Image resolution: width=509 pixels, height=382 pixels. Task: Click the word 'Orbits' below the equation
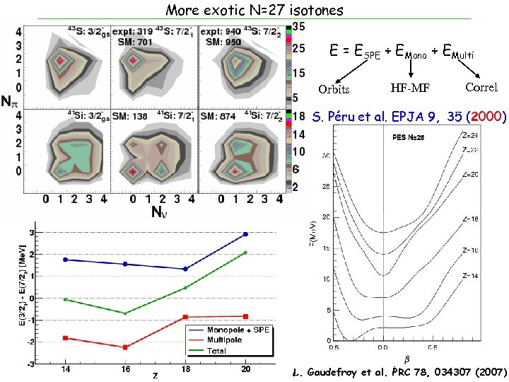[334, 89]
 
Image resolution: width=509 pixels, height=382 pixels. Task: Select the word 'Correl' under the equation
[481, 88]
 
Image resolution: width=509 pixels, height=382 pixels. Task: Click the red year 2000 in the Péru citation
[487, 116]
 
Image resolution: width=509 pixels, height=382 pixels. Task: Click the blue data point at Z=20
[245, 234]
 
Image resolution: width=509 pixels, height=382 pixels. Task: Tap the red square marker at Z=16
[125, 347]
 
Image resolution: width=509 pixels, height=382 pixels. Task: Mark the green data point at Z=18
[185, 287]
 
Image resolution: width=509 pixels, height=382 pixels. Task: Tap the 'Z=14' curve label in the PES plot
[470, 274]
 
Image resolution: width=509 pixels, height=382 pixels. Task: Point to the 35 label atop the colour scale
[298, 26]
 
